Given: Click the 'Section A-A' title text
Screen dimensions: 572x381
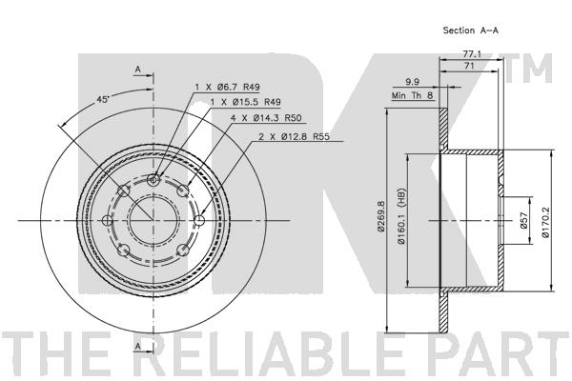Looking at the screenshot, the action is tap(470, 30).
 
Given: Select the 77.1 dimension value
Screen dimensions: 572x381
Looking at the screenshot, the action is tap(472, 54).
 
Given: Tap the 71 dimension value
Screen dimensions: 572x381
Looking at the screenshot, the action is tap(469, 66).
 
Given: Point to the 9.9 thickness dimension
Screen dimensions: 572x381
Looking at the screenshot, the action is tap(412, 82).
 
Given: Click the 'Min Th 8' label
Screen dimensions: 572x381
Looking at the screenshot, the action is tap(412, 95).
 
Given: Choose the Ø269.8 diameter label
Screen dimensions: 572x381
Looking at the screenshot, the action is tap(381, 216).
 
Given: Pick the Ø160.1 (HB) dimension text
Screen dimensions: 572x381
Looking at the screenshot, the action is tap(401, 216).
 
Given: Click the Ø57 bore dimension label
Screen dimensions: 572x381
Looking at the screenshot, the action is tap(523, 221).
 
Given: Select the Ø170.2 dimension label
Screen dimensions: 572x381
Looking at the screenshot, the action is tap(545, 220).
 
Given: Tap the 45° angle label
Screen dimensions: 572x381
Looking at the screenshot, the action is tap(103, 99).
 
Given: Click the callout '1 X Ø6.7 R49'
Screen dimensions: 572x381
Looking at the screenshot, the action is tap(227, 87).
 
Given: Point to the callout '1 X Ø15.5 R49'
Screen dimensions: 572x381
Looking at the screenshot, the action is tap(246, 102).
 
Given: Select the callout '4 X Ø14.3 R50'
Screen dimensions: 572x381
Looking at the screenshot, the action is tap(266, 118).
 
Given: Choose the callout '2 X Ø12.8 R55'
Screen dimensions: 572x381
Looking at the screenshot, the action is tap(294, 137).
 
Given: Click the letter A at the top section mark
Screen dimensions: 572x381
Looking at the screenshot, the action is tap(138, 69).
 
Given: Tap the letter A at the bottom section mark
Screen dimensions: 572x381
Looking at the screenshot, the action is tap(138, 346).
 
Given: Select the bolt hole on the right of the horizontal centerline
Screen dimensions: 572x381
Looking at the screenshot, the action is tap(199, 221).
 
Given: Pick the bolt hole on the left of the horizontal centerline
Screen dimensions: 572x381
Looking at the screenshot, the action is tap(108, 221).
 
